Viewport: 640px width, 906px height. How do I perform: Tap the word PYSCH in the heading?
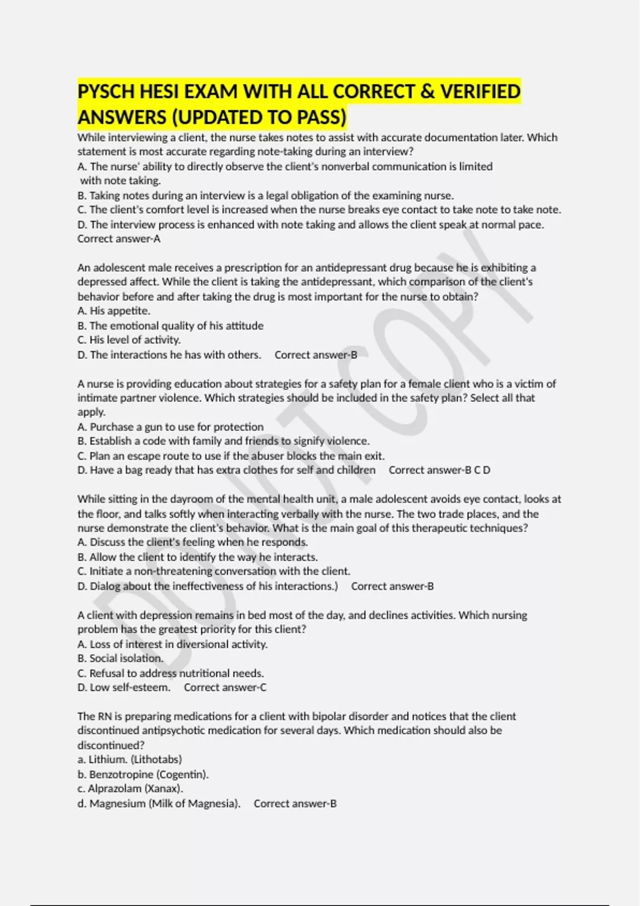pos(106,92)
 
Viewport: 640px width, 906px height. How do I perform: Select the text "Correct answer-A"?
pos(118,239)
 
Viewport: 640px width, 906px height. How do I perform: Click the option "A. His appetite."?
pos(114,311)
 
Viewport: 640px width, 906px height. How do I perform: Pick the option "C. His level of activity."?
pos(129,340)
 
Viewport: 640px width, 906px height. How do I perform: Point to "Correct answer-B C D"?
pos(439,470)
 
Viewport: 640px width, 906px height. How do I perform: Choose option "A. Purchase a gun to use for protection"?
pos(171,427)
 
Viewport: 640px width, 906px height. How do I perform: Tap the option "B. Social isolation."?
pos(121,658)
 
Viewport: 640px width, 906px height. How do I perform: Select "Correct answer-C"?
pos(225,687)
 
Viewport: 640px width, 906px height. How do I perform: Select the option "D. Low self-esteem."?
pos(124,687)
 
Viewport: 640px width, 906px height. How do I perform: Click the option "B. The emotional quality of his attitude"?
pos(171,326)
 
